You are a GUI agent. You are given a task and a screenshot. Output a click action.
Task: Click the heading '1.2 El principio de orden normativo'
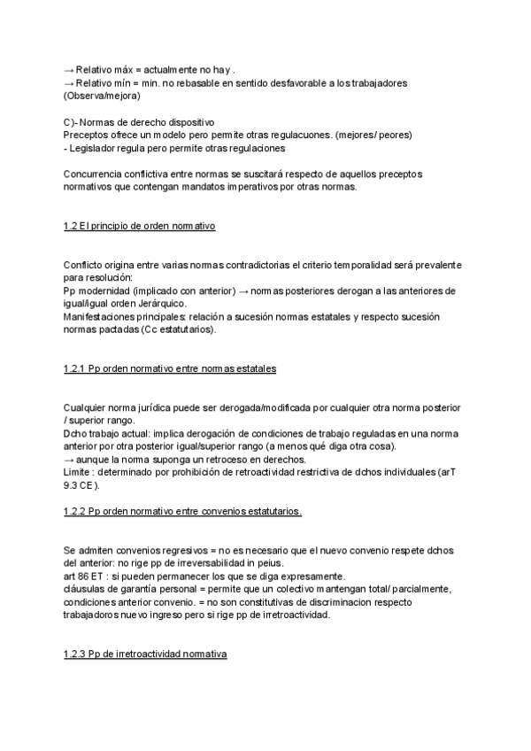(x=139, y=227)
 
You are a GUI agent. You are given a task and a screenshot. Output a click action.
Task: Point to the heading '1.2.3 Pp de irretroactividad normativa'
(x=145, y=654)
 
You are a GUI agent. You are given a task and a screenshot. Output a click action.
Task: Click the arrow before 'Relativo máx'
(x=69, y=70)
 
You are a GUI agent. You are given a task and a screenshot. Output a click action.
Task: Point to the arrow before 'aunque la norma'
(x=69, y=459)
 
